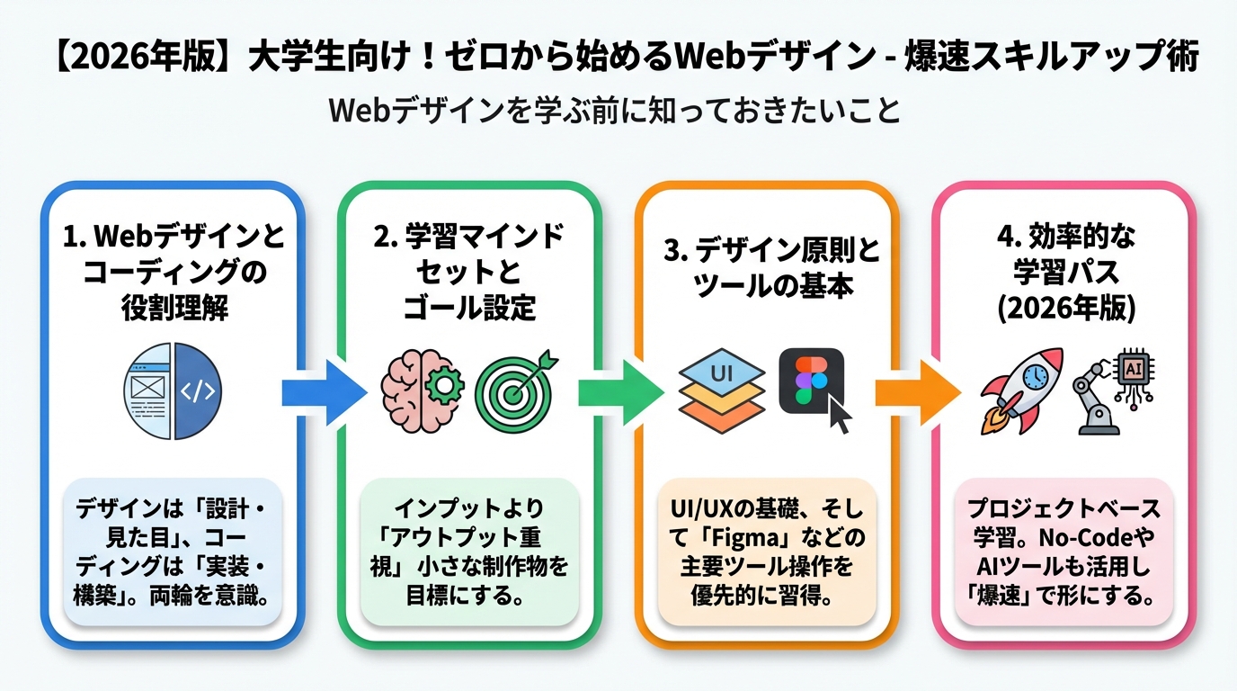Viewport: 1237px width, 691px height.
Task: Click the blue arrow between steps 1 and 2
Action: tap(322, 392)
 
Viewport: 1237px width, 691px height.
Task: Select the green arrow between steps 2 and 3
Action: tap(618, 392)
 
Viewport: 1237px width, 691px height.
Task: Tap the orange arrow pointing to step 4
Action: tap(915, 392)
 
